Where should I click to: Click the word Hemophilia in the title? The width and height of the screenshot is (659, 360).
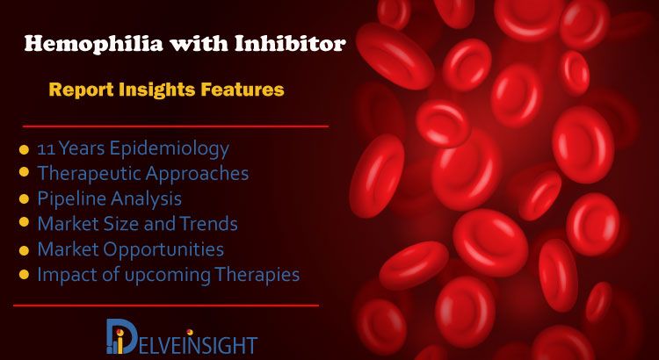point(93,44)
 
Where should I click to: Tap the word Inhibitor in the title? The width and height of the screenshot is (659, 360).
point(291,42)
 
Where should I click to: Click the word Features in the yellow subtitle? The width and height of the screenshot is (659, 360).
point(243,89)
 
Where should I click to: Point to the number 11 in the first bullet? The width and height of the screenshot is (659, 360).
point(46,149)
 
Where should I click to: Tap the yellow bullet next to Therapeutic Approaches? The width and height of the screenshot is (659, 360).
point(24,173)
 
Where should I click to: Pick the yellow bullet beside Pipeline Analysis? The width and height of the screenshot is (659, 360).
point(24,198)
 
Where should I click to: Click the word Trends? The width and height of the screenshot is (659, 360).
point(209,224)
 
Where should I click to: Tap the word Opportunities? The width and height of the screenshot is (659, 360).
point(163,250)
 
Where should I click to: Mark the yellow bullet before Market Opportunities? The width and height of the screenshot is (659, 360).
point(24,250)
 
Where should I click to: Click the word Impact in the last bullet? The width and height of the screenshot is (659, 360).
point(62,275)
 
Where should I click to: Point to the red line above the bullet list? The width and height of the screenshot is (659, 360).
point(175,126)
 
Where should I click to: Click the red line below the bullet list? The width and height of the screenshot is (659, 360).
point(166,306)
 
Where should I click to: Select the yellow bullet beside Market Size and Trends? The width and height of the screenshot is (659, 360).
point(24,222)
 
